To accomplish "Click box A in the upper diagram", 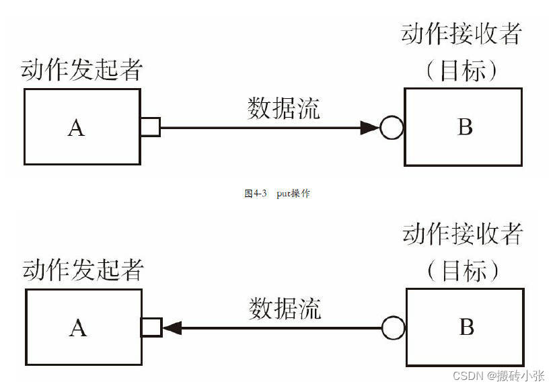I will (x=82, y=126).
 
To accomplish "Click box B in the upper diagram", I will (x=464, y=126).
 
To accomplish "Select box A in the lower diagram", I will (x=83, y=327).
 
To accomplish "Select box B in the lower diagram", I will (x=465, y=327).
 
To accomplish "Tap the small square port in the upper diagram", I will (x=150, y=126).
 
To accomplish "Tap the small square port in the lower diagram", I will (x=151, y=327).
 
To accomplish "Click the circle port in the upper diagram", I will (x=391, y=126).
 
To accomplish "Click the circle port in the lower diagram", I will (x=393, y=327).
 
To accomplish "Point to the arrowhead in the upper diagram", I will (x=369, y=126).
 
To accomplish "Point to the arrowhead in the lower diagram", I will (x=173, y=327).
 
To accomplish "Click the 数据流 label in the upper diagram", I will (x=283, y=108).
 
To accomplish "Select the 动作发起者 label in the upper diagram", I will (x=81, y=70).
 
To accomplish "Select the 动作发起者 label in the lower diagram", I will (x=83, y=270).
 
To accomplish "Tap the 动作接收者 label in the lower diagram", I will (x=463, y=235).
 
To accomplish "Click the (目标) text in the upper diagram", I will (x=462, y=70).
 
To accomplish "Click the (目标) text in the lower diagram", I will (x=464, y=271).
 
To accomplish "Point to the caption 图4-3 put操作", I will (x=276, y=194).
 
